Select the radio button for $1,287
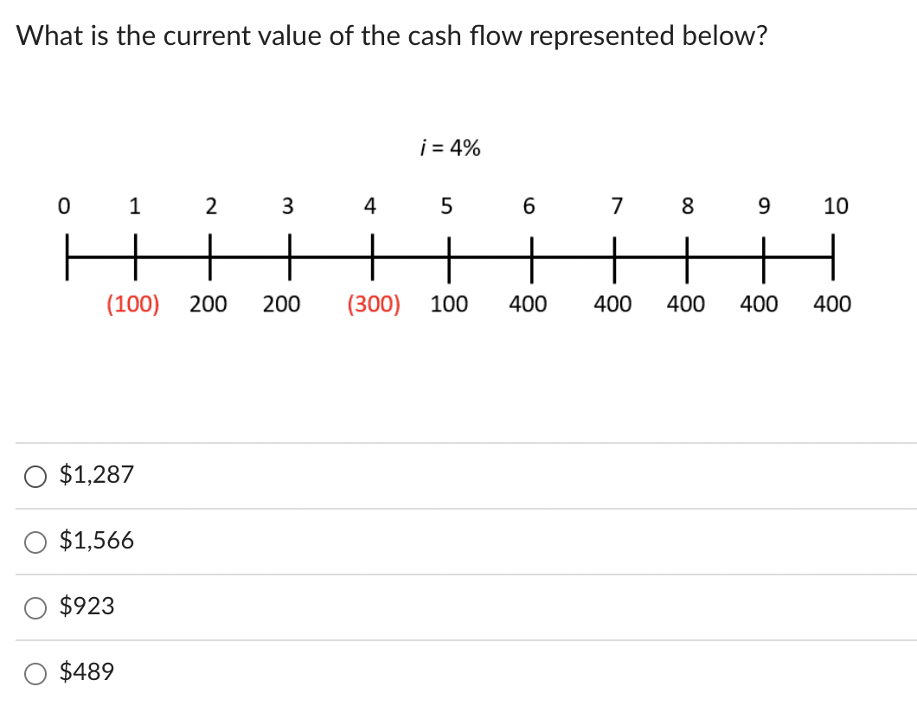[x=35, y=476]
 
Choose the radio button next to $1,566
[x=35, y=542]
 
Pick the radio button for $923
[x=35, y=607]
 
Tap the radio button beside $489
[x=35, y=673]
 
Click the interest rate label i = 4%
[x=449, y=149]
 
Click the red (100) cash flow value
[x=132, y=305]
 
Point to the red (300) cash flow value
[x=373, y=305]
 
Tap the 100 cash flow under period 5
[x=449, y=305]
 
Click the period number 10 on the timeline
[x=836, y=207]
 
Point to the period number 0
[x=62, y=207]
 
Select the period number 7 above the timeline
[x=616, y=207]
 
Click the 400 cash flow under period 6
[x=528, y=305]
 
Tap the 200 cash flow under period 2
[x=208, y=305]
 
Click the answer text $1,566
[x=97, y=541]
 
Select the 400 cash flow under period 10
[x=832, y=305]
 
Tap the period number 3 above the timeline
[x=288, y=207]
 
